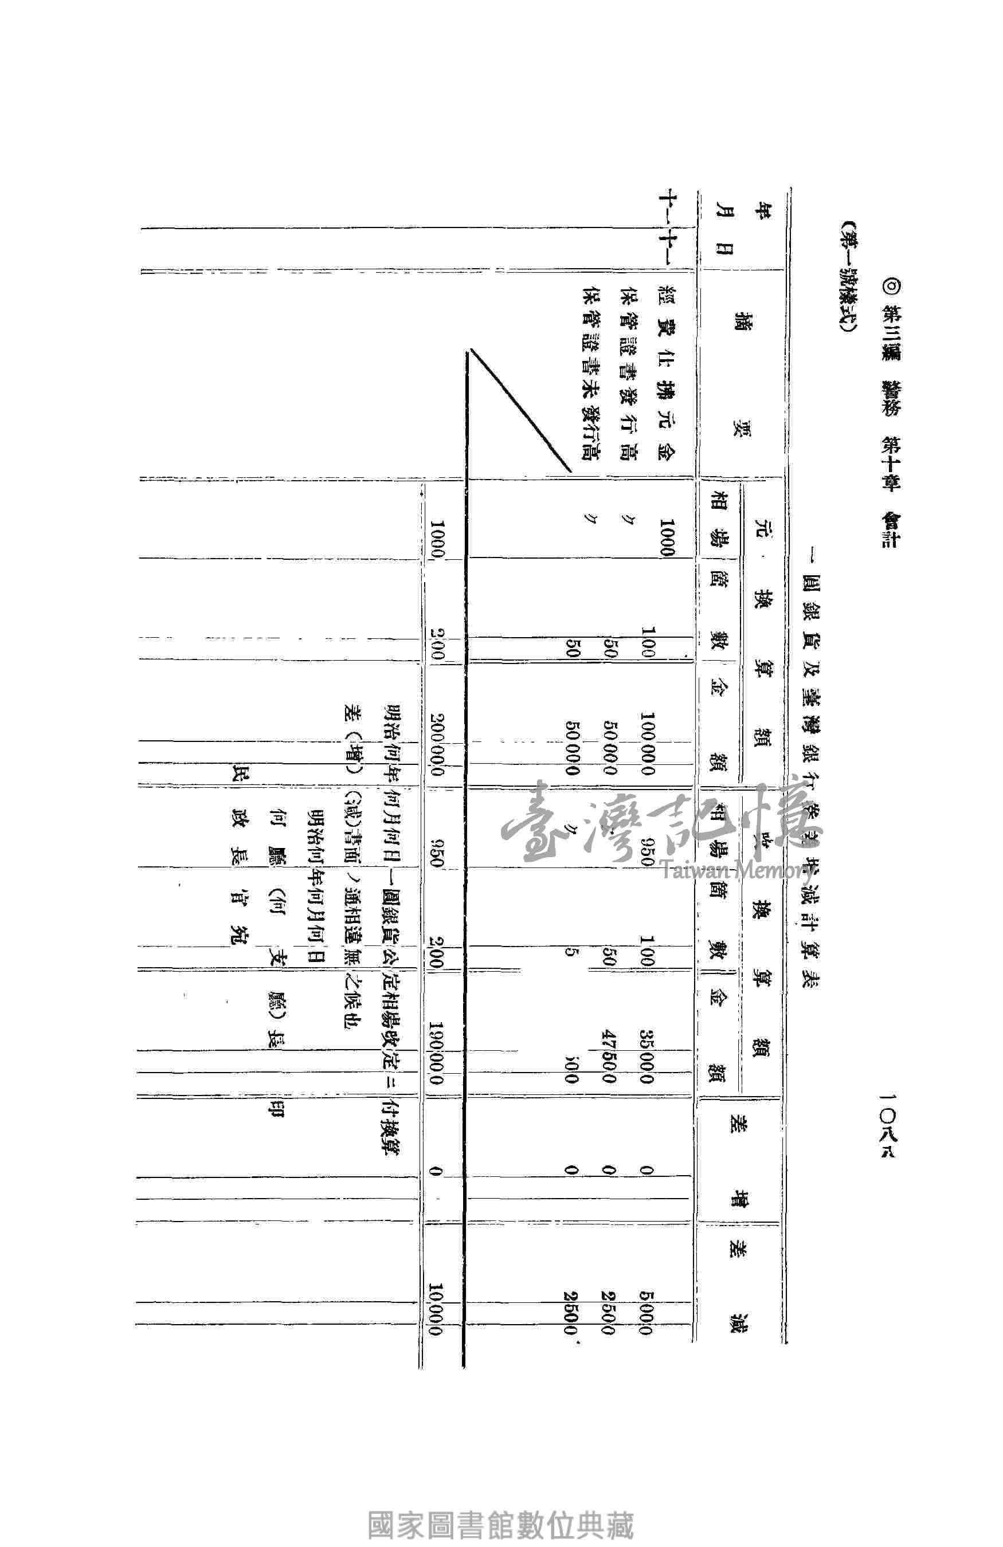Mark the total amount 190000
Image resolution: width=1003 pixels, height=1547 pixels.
click(x=436, y=1046)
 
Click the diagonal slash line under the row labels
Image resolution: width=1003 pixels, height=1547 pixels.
click(x=520, y=410)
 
